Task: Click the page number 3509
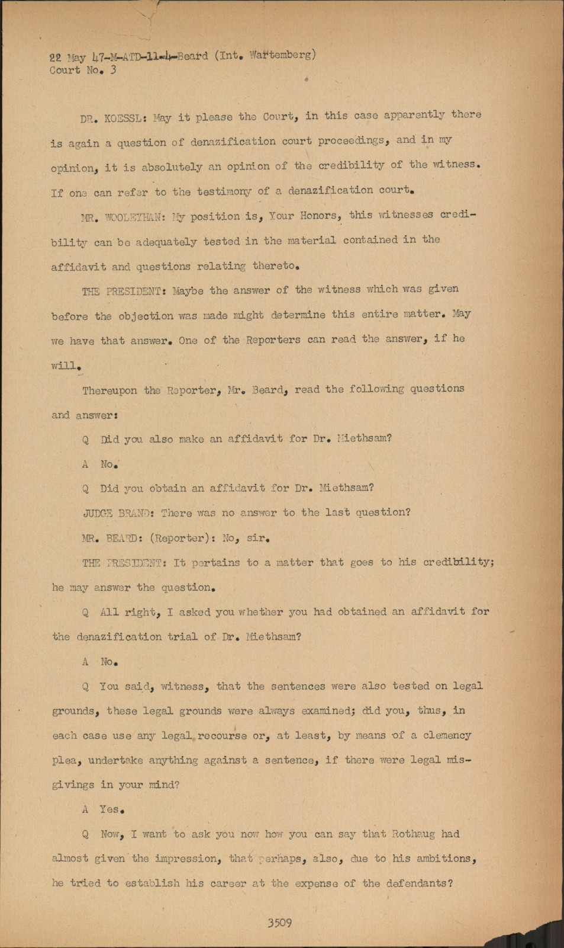tap(279, 923)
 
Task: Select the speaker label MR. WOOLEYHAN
tap(123, 217)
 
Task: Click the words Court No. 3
tap(83, 70)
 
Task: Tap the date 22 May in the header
tap(67, 57)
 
